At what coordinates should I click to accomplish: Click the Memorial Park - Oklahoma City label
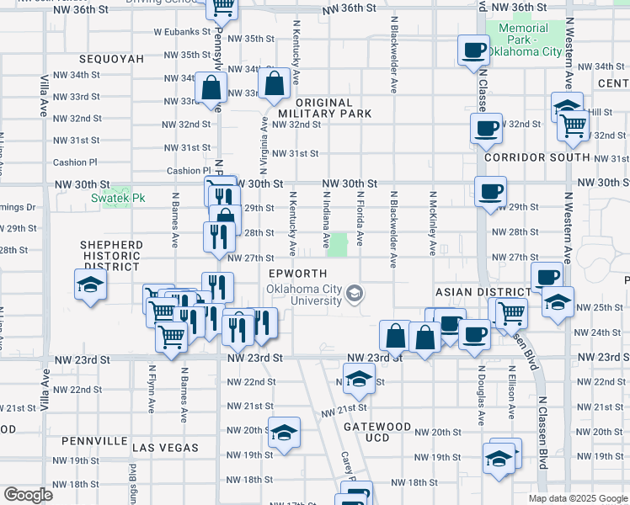click(529, 40)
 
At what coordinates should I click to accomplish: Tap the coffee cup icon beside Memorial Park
click(473, 49)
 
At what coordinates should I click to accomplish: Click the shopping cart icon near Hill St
click(574, 125)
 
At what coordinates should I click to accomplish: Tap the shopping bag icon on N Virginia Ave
click(275, 83)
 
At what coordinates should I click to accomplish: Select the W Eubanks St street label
click(181, 32)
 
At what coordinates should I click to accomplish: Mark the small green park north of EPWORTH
click(338, 246)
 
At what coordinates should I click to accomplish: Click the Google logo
click(28, 495)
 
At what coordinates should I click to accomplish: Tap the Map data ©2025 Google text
click(577, 498)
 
